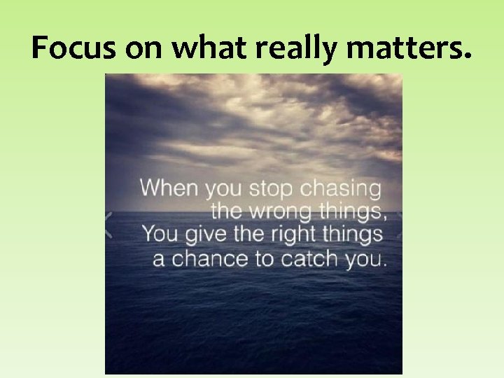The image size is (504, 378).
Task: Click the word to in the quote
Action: coord(264,258)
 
